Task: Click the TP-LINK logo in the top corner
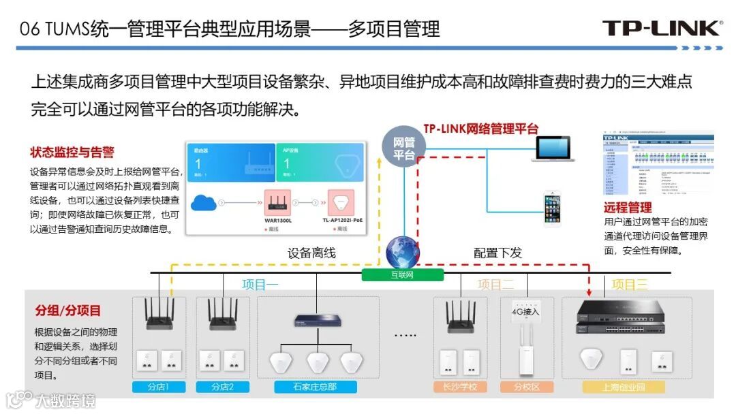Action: (661, 28)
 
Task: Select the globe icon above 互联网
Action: (402, 253)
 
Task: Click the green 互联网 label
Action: (402, 275)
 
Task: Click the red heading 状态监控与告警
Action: (72, 153)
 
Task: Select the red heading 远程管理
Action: (627, 207)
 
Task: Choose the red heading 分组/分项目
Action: (67, 310)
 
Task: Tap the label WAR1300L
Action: (278, 221)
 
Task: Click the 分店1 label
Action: (157, 387)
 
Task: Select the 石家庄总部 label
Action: (315, 387)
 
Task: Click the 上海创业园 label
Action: (623, 387)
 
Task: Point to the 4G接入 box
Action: (525, 312)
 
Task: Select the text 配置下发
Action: (497, 253)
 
